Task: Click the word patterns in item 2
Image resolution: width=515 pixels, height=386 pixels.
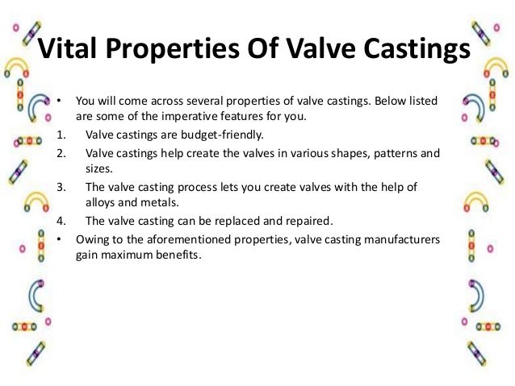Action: tap(391, 151)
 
